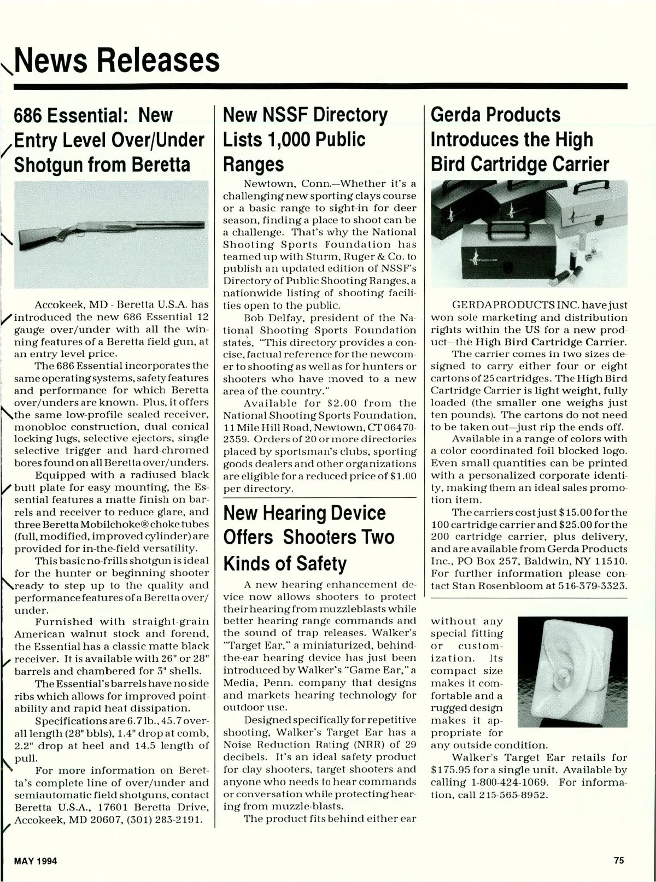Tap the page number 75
619,861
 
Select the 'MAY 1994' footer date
36,861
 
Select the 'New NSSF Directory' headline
306,115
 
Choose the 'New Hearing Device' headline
304,513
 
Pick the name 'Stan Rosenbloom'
502,585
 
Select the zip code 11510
610,561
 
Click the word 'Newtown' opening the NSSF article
266,183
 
